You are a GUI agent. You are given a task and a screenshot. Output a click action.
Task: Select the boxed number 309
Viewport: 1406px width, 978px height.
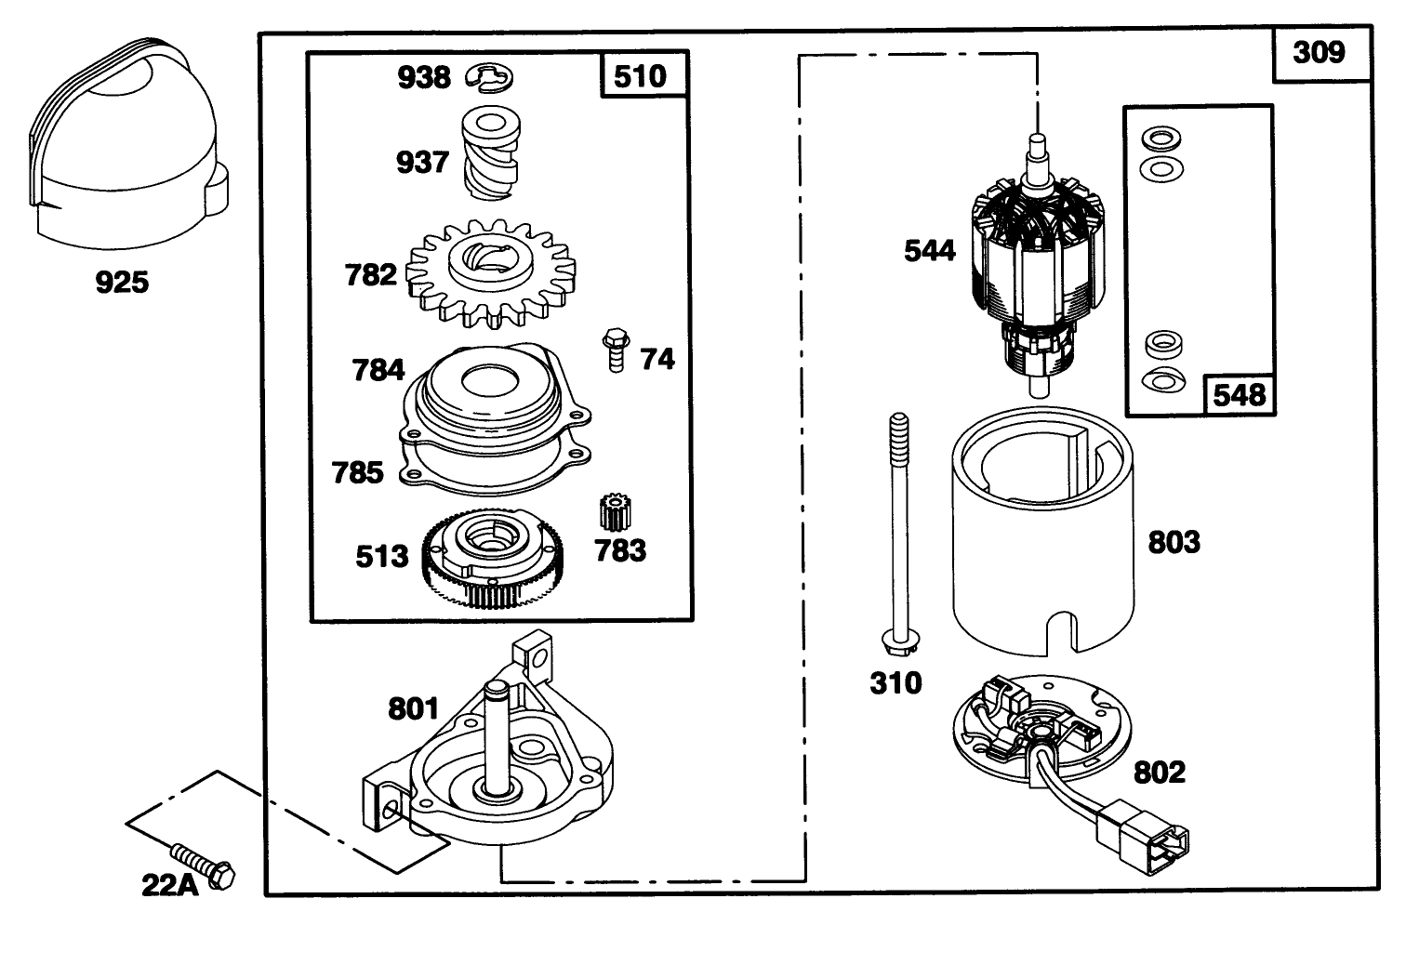[x=1319, y=52]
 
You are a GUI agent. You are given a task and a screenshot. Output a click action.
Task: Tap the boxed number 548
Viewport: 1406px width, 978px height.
[x=1240, y=395]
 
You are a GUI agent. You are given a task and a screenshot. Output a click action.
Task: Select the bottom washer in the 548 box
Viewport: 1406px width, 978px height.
[x=1161, y=379]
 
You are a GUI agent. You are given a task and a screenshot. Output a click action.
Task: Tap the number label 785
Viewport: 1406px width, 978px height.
[x=358, y=472]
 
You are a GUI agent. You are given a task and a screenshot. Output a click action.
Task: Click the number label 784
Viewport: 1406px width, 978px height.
[x=378, y=370]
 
